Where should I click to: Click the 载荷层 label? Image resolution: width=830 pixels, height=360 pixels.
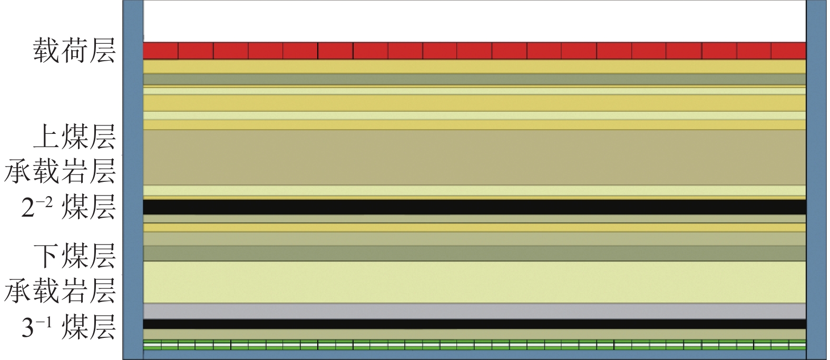(74, 51)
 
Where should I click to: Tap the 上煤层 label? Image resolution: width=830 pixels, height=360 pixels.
(74, 137)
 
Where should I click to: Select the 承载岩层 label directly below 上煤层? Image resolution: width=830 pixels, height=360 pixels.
(60, 172)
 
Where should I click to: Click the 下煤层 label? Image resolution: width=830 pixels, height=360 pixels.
(74, 256)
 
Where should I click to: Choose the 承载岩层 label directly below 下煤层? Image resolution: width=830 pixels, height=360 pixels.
(60, 291)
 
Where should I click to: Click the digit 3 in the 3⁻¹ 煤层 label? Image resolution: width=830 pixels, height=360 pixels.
(27, 328)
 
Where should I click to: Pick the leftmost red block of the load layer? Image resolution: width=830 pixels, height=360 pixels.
(161, 51)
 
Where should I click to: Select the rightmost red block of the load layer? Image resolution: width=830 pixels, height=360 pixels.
(788, 51)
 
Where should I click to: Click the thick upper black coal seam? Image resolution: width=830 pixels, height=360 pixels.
(474, 207)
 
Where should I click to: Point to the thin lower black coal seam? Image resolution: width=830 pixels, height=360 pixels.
(474, 324)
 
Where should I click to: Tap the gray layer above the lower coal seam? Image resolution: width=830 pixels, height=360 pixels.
(474, 311)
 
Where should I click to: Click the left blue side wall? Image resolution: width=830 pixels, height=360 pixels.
(133, 179)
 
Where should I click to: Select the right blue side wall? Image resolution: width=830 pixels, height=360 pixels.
(816, 179)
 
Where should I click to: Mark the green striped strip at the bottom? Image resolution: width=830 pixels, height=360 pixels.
(474, 345)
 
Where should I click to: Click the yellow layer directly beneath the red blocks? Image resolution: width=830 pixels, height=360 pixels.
(474, 66)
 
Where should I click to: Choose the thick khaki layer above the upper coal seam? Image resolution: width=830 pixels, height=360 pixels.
(474, 157)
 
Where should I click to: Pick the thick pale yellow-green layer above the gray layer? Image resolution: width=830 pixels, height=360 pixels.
(474, 282)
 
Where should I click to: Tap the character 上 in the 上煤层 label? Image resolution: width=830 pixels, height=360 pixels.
(46, 137)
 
